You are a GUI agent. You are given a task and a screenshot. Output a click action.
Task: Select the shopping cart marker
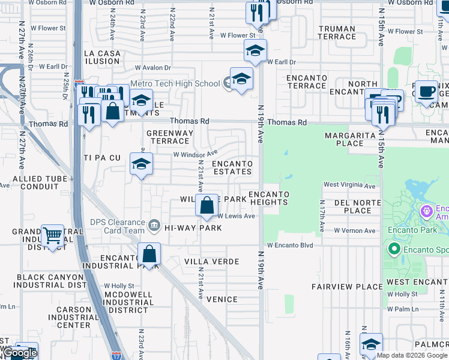[53, 236]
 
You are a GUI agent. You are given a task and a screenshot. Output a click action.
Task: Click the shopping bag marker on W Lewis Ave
[206, 206]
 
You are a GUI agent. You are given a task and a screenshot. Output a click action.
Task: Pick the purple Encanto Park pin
[427, 211]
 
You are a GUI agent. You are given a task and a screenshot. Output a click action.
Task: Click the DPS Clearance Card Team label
[118, 226]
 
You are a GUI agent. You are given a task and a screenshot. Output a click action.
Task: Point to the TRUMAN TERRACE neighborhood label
[337, 32]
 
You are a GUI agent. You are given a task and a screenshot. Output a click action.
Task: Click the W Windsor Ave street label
[195, 154]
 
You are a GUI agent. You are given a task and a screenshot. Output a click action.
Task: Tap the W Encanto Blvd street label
[291, 245]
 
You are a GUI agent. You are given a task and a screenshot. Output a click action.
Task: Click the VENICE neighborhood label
[222, 299]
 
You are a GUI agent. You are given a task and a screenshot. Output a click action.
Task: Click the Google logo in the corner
[20, 353]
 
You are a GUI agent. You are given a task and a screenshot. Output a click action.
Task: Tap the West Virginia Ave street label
[350, 185]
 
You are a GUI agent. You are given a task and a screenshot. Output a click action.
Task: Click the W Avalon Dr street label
[153, 68]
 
